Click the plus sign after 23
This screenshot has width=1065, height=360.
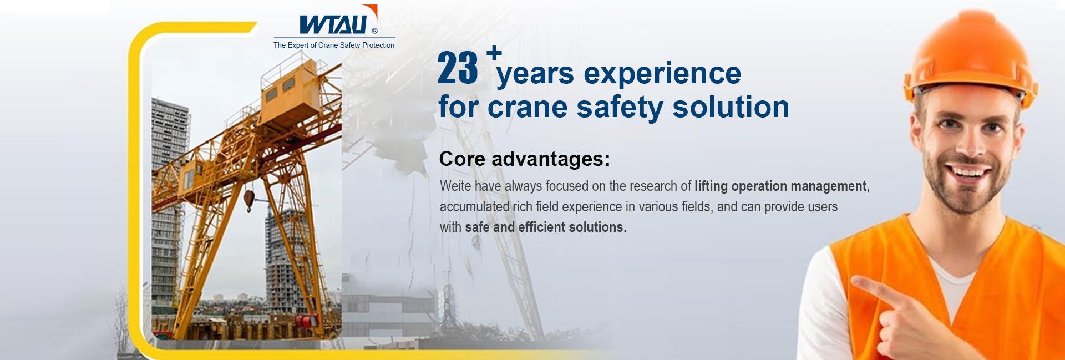(494, 53)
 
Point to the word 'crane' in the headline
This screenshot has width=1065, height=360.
(527, 107)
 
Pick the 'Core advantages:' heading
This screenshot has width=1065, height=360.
(524, 159)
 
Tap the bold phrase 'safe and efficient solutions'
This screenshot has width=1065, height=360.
(544, 227)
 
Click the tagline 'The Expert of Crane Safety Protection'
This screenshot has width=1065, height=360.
(334, 45)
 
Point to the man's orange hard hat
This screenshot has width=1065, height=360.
(970, 55)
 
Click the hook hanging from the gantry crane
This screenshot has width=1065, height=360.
(248, 199)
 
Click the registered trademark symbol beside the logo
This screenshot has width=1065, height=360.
(374, 31)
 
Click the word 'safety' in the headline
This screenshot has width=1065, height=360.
(620, 107)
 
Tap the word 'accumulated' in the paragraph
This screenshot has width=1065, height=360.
(473, 207)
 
